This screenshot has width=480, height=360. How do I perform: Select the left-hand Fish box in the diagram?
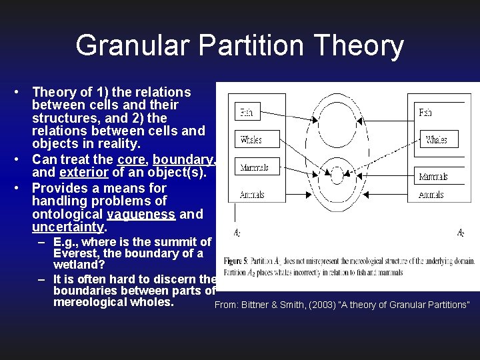(x=246, y=112)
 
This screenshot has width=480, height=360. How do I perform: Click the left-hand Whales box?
(x=251, y=140)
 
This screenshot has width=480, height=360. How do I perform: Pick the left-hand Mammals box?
(x=254, y=167)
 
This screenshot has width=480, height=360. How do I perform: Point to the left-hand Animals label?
(x=252, y=195)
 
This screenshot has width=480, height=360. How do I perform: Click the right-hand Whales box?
(x=437, y=140)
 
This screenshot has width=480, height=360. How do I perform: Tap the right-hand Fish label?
(x=425, y=113)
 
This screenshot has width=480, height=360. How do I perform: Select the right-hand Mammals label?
(x=433, y=177)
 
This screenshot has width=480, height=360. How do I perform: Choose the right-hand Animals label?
(x=431, y=195)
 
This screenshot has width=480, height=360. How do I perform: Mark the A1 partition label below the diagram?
(x=237, y=233)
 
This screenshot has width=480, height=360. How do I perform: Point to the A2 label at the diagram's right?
(x=461, y=233)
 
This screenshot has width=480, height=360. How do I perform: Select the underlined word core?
(x=131, y=159)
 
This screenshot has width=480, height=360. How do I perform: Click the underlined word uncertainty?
(x=69, y=227)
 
